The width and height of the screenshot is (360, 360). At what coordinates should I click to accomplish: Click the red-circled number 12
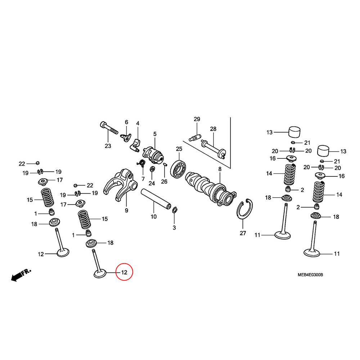pyautogui.click(x=124, y=273)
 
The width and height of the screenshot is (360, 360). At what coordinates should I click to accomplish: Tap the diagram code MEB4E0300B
pyautogui.click(x=310, y=275)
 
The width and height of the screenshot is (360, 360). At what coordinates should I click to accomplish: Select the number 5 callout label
pyautogui.click(x=155, y=134)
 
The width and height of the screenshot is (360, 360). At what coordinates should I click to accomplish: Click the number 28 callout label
pyautogui.click(x=213, y=129)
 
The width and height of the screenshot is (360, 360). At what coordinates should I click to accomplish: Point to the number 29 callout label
pyautogui.click(x=197, y=120)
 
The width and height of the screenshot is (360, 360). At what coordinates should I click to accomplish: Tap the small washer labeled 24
pyautogui.click(x=152, y=169)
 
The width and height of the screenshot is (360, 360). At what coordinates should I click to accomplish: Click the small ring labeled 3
pyautogui.click(x=175, y=210)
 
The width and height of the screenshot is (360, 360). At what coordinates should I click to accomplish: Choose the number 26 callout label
pyautogui.click(x=164, y=182)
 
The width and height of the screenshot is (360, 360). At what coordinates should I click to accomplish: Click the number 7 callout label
pyautogui.click(x=143, y=179)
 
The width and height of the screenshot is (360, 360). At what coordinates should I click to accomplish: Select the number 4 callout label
pyautogui.click(x=138, y=124)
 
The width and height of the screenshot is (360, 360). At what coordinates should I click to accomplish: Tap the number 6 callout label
pyautogui.click(x=126, y=122)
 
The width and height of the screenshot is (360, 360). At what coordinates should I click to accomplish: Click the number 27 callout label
pyautogui.click(x=243, y=233)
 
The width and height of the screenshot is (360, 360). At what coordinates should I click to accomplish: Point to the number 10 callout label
pyautogui.click(x=154, y=217)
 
